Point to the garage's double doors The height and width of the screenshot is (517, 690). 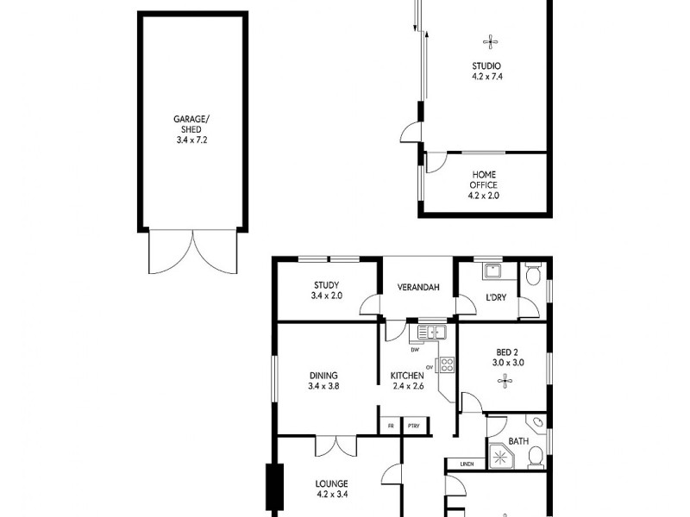[193, 251]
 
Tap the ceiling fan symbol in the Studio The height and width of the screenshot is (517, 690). [488, 40]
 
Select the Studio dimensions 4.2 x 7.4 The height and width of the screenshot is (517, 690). [486, 77]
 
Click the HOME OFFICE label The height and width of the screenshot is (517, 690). [484, 179]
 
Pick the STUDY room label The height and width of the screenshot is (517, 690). [326, 285]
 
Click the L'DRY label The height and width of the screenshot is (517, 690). [495, 298]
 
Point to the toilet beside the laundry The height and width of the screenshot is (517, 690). [532, 275]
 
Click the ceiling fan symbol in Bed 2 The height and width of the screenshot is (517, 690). [503, 379]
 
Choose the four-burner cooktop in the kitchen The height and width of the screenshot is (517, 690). [447, 365]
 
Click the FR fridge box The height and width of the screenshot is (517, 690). [390, 426]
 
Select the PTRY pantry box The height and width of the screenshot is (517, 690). [413, 426]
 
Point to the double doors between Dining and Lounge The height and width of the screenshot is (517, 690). [336, 445]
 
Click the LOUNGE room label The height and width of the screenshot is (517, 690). [330, 483]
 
